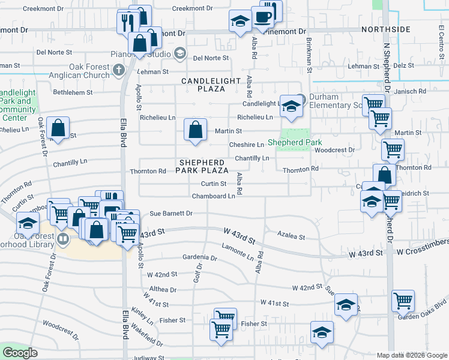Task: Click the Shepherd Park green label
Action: (295, 143)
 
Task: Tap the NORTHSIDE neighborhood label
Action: (385, 29)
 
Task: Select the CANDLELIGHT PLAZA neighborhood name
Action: (203, 85)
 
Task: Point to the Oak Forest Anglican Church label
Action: (93, 71)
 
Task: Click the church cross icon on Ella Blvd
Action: (119, 70)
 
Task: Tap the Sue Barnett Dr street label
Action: (170, 213)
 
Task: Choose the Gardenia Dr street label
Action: (200, 257)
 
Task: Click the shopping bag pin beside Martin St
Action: (196, 130)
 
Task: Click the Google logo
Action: (20, 353)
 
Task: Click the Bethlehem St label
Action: (73, 92)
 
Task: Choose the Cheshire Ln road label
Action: (246, 145)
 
